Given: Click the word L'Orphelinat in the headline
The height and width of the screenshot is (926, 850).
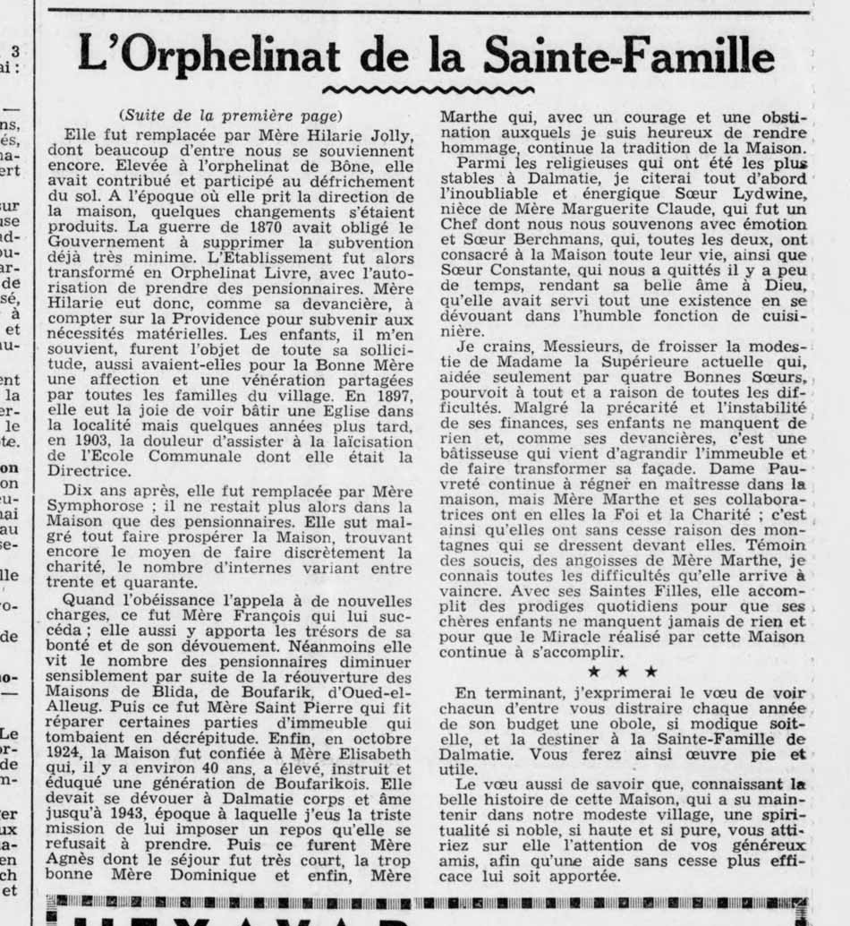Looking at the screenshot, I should coord(209,55).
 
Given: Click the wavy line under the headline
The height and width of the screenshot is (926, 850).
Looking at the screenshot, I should coord(428,90).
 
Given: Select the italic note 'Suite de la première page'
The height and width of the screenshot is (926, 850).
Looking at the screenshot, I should coord(230,116).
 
